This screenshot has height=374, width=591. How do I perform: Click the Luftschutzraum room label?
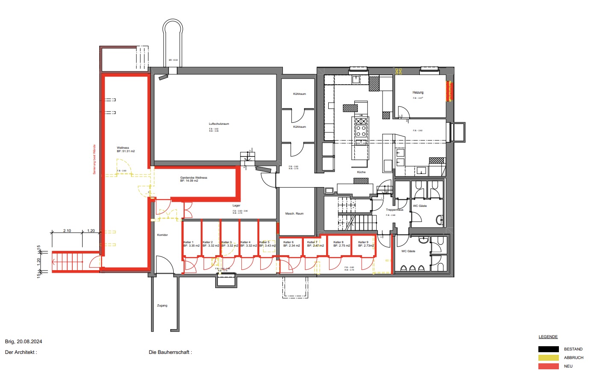tap(219, 124)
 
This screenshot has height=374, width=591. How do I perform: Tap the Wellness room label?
tap(123, 148)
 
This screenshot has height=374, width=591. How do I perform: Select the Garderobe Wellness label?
tap(193, 178)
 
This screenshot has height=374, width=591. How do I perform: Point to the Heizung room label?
tap(418, 92)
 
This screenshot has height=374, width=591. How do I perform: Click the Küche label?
tap(361, 172)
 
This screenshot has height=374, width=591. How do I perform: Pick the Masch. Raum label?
tap(294, 214)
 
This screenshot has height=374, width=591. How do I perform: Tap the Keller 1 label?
tap(188, 242)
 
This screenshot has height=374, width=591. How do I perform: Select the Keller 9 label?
tap(363, 242)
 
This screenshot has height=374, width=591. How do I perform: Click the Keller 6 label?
tap(288, 242)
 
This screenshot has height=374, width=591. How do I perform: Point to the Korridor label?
tap(162, 235)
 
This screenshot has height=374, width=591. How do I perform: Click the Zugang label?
tap(162, 306)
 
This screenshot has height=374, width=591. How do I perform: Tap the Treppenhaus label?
tap(395, 210)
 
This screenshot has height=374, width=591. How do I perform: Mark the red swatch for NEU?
tap(549, 366)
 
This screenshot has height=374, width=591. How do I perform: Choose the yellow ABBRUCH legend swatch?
tap(549, 358)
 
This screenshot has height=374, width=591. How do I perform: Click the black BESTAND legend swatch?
tap(549, 349)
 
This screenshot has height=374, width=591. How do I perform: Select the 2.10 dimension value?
tap(67, 231)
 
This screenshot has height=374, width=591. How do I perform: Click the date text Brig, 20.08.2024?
tap(24, 342)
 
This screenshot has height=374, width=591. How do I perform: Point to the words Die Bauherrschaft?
tap(170, 353)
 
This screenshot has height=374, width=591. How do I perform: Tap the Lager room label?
tap(236, 206)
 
